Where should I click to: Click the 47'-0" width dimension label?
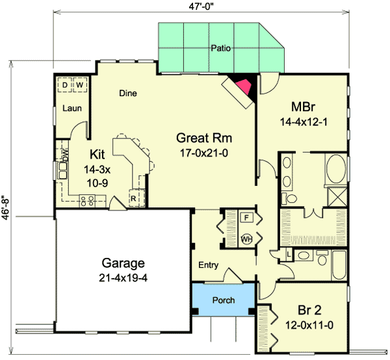pos(201,6)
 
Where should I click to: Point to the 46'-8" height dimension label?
pos(5,205)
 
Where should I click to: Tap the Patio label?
pos(220,48)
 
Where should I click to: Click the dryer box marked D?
pos(64,85)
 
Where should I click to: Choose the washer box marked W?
pos(79,85)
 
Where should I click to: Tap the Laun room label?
pos(72,108)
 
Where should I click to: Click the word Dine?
pos(128,93)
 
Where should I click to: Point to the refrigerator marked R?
pos(134,198)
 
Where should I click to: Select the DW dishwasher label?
pos(65,155)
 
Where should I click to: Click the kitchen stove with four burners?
pos(87,201)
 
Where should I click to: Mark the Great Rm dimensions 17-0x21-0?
pos(204,153)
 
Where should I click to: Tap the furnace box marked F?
pos(246,218)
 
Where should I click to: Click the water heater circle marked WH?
pos(246,239)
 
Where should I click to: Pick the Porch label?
pos(224,300)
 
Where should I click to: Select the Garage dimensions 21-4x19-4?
pos(123,277)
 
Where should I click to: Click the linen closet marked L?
pos(289,254)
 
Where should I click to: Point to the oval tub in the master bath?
pos(336,169)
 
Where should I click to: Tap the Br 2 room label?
pos(309,310)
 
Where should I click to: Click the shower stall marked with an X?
pos(337,197)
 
